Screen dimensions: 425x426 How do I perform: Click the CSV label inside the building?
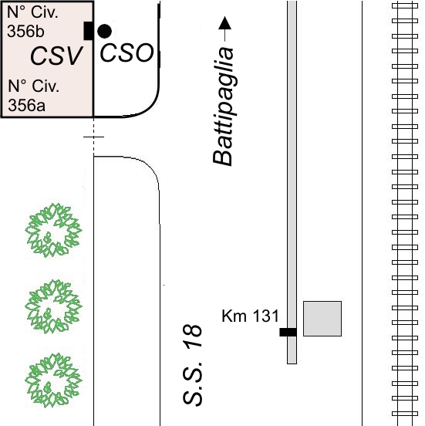point(56,56)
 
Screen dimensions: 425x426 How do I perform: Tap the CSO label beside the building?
point(126,52)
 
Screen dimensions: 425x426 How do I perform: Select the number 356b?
point(25,31)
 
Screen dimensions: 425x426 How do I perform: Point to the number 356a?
point(27,105)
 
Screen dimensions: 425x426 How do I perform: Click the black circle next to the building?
point(104,31)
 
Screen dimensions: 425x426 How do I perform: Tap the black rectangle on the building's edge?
point(89,31)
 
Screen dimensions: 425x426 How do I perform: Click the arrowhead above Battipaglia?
point(225,23)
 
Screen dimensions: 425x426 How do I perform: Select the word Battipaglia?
point(223,106)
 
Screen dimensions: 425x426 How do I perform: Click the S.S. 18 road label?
point(193,365)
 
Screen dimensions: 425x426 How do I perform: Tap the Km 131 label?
point(250,316)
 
